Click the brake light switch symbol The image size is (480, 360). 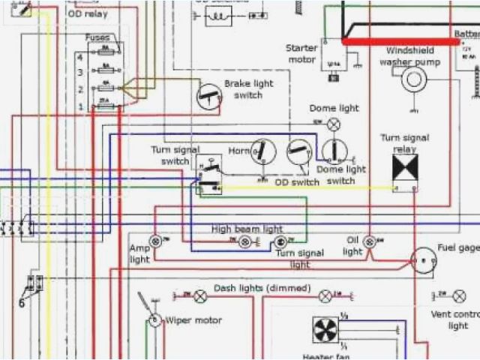(208, 96)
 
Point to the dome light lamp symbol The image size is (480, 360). (334, 124)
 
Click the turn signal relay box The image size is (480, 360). (405, 168)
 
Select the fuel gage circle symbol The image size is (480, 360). (423, 261)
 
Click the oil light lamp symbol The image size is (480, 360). (369, 241)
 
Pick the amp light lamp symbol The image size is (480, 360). (156, 241)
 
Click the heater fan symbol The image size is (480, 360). (325, 330)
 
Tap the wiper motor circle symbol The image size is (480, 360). (154, 321)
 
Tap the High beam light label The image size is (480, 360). (247, 228)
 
